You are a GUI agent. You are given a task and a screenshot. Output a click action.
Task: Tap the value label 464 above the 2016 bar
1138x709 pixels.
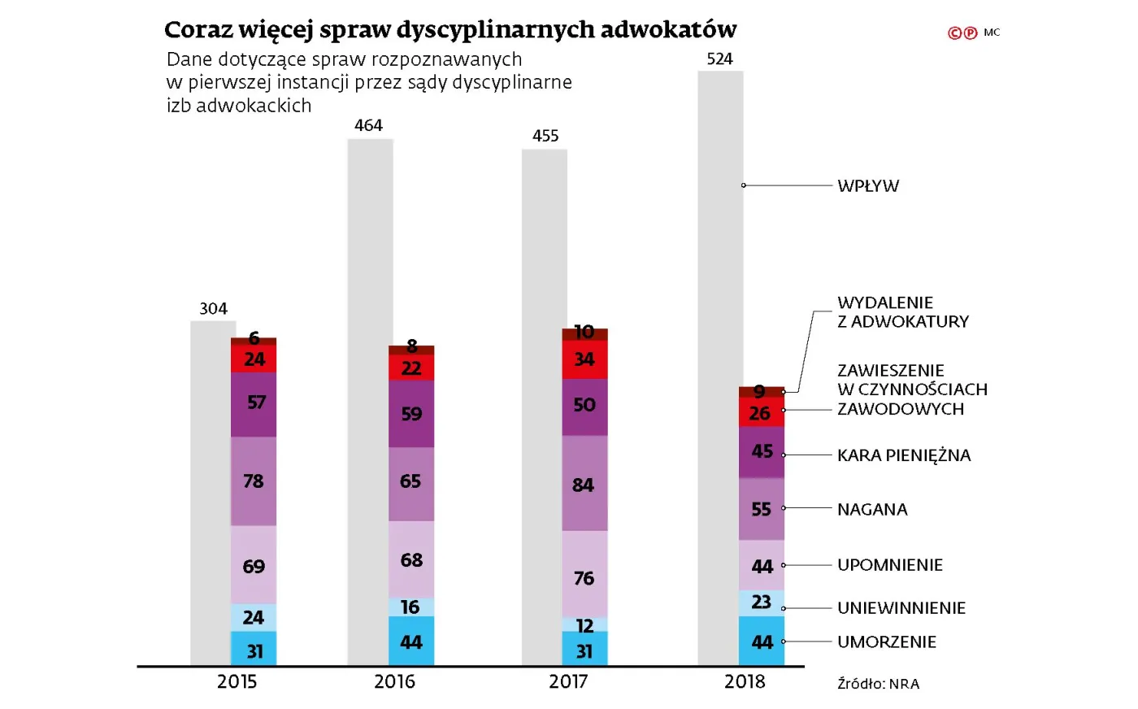[x=368, y=125]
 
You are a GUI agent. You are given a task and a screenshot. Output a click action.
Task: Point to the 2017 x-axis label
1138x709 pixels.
[x=567, y=681]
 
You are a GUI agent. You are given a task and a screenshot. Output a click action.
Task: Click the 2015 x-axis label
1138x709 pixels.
[x=237, y=681]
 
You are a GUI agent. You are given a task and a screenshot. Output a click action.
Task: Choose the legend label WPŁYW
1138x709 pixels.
[x=867, y=186]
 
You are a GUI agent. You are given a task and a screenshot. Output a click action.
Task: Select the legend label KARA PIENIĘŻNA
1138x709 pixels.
[x=903, y=455]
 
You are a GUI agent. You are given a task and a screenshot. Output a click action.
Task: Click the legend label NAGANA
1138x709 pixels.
[x=871, y=510]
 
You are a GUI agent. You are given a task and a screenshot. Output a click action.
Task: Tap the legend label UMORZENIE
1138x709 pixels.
[x=886, y=642]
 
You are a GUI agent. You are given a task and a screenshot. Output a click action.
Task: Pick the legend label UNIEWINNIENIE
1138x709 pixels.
[x=901, y=608]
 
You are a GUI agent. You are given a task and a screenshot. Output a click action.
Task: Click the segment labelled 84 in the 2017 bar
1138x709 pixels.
[x=584, y=484]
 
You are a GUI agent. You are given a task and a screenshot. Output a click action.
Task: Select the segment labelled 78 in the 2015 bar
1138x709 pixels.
[x=254, y=481]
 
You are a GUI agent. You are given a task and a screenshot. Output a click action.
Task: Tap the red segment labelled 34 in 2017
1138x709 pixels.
[x=584, y=360]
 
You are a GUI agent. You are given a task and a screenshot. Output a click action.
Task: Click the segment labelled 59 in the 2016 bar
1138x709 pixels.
[x=411, y=414]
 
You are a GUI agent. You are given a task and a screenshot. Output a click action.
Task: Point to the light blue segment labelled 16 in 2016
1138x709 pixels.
[x=411, y=607]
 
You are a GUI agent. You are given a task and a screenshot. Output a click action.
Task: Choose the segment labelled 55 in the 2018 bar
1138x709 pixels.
[x=762, y=509]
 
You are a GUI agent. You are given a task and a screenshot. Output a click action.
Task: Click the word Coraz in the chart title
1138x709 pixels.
[x=198, y=30]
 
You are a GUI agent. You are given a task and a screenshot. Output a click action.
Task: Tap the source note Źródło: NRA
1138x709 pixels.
[x=878, y=684]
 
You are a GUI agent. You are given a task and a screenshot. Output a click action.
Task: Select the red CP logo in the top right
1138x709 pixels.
[x=962, y=33]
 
